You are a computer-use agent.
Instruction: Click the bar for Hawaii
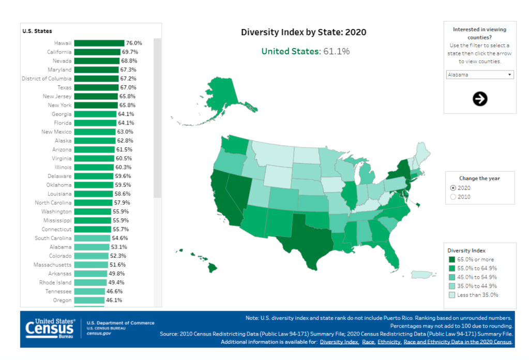(99, 43)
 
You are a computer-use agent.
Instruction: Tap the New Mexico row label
(56, 132)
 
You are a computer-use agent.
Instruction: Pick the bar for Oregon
(89, 300)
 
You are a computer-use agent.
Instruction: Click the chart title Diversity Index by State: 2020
(304, 32)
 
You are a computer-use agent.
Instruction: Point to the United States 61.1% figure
(305, 51)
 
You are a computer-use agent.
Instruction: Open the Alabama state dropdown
(479, 74)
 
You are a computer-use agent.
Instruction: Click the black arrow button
(480, 99)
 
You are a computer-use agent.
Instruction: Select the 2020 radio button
(454, 188)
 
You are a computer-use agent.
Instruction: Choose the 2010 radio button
(454, 197)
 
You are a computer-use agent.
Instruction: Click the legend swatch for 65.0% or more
(451, 260)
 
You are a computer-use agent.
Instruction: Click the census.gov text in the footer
(99, 334)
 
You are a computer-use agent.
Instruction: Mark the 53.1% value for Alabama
(118, 247)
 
